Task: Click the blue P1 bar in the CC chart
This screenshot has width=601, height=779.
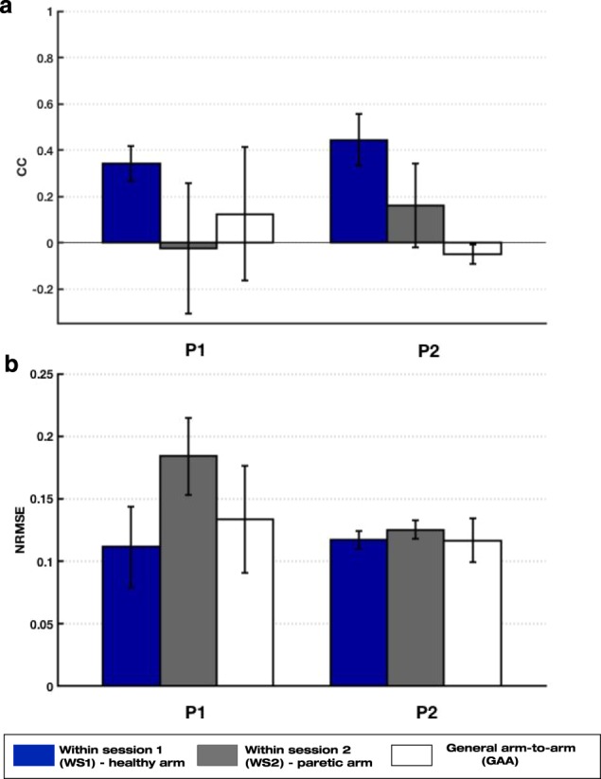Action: [x=132, y=203]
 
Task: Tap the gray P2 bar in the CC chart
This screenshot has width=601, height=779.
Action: [x=415, y=224]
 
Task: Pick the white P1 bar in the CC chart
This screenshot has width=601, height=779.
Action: [x=245, y=228]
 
